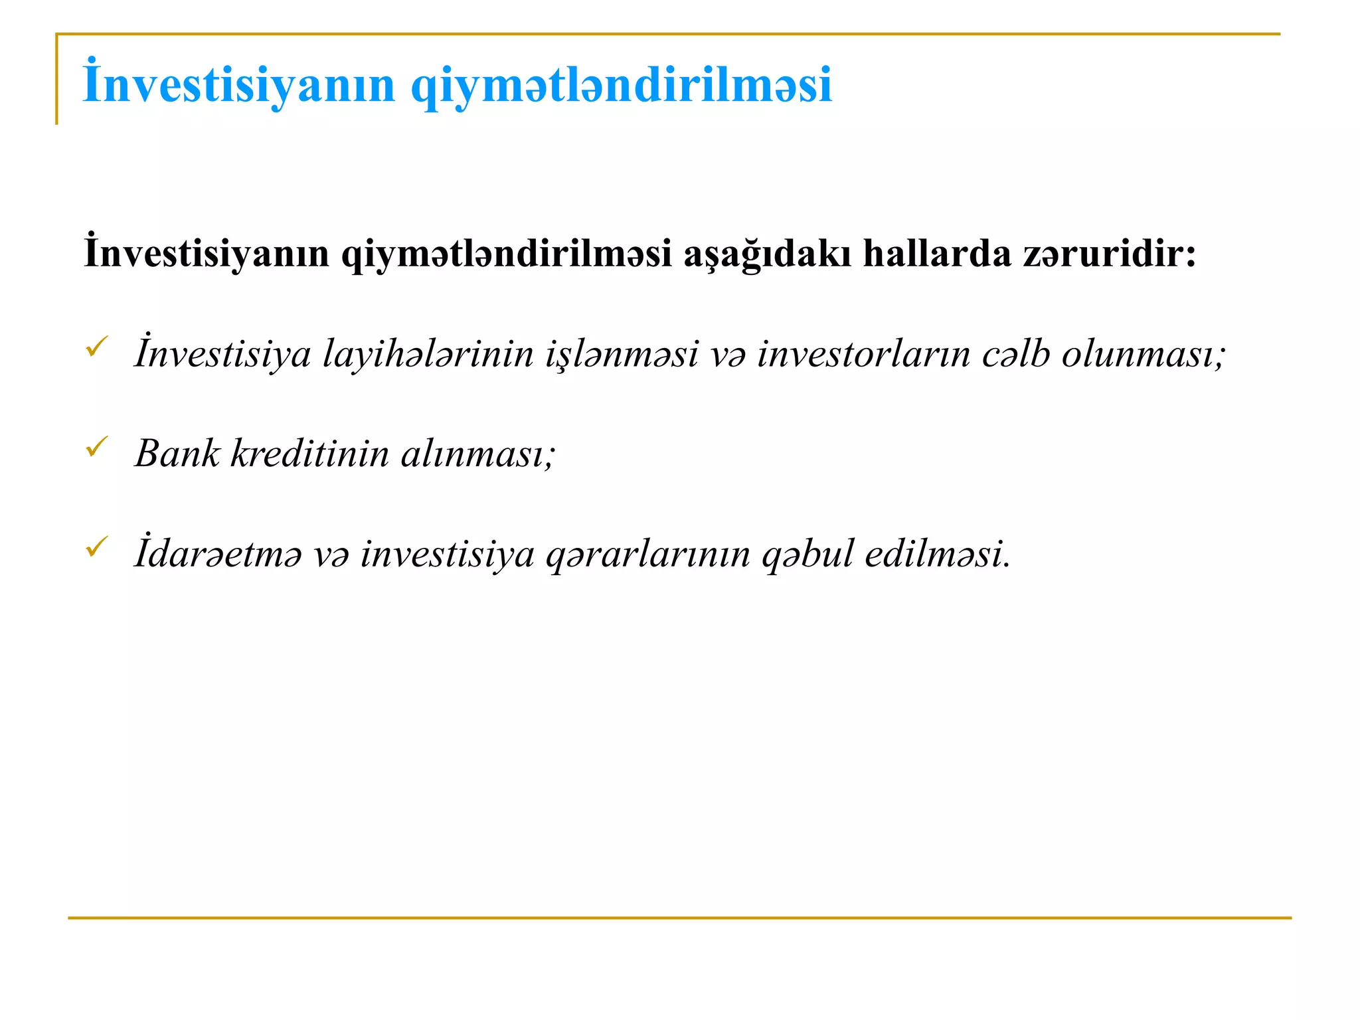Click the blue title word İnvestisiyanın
point(239,84)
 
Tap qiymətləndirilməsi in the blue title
point(621,86)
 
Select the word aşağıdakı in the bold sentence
point(767,254)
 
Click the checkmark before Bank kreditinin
point(97,447)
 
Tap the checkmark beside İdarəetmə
point(97,547)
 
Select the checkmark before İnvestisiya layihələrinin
point(97,346)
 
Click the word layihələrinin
point(428,354)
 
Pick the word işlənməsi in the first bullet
point(622,354)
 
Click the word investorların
point(863,354)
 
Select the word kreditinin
point(309,454)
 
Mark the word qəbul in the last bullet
point(807,554)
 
